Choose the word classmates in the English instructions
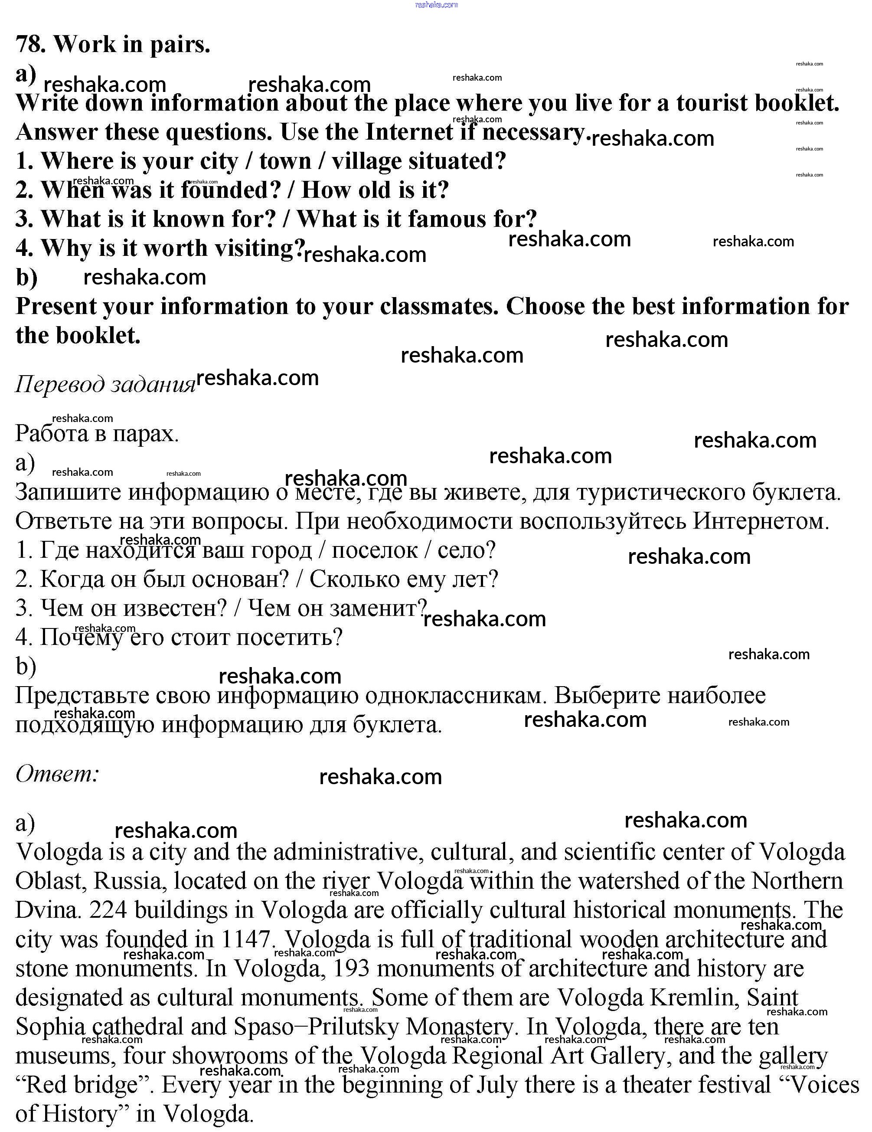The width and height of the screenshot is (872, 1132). pyautogui.click(x=438, y=306)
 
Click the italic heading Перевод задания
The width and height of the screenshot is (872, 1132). pyautogui.click(x=105, y=385)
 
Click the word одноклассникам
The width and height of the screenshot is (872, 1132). pyautogui.click(x=456, y=696)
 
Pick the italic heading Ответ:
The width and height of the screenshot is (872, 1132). pyautogui.click(x=57, y=774)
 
